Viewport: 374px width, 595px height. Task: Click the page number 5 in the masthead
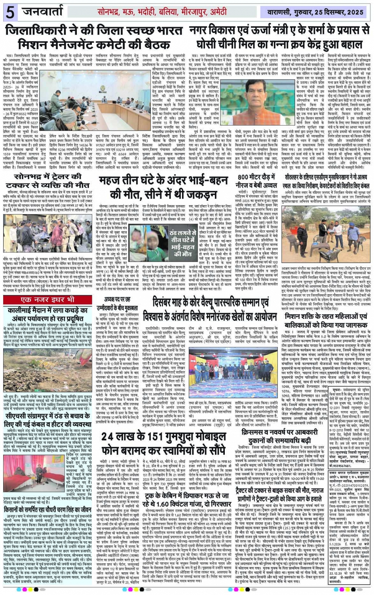(9, 13)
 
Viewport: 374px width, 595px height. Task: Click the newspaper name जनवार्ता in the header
(43, 11)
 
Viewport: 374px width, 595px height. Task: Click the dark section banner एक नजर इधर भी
(47, 299)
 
